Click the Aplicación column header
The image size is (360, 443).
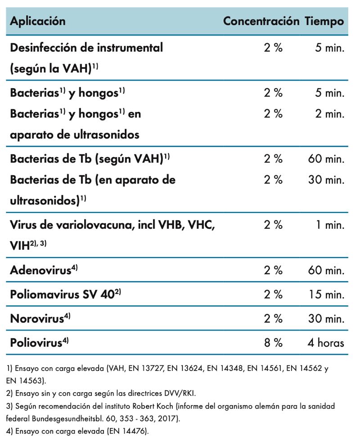(x=38, y=21)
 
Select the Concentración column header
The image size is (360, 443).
(x=261, y=21)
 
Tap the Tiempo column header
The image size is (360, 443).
(x=324, y=21)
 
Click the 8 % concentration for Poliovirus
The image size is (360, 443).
(x=273, y=343)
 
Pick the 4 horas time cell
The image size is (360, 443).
(x=323, y=343)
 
